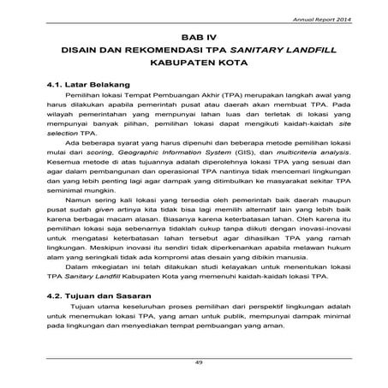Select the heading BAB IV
tap(194, 39)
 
